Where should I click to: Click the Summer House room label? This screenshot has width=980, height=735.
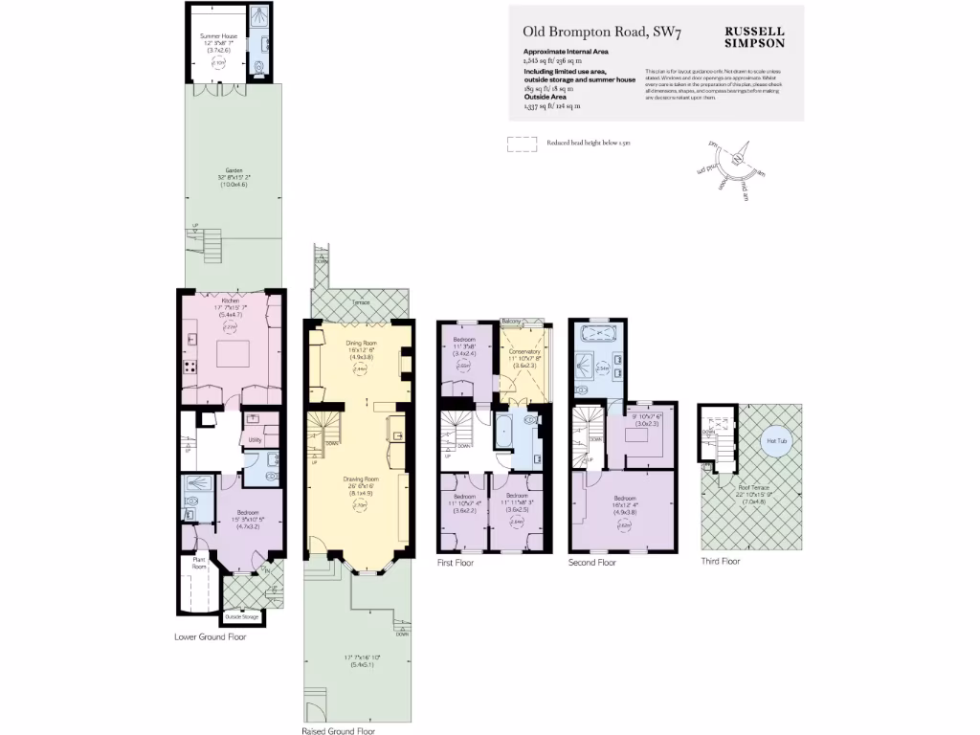tap(217, 36)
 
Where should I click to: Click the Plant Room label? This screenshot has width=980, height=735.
tap(200, 562)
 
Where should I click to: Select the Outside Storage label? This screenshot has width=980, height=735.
tap(243, 616)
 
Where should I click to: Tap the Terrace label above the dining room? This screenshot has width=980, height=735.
tap(360, 301)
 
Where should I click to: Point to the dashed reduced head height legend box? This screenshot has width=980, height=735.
tap(522, 144)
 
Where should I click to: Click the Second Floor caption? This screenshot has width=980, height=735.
tap(592, 563)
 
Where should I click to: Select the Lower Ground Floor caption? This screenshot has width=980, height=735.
tap(210, 636)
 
